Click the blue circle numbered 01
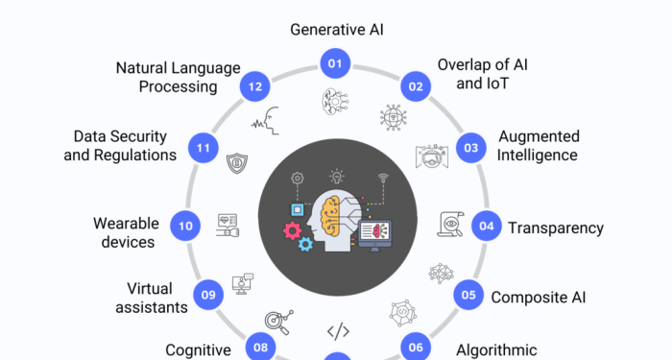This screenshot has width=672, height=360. point(336,65)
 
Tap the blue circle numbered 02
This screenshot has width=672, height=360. point(416,86)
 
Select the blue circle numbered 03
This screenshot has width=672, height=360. point(471,148)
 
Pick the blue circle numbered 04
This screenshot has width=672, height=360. point(487,227)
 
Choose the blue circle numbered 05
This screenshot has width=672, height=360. point(469,295)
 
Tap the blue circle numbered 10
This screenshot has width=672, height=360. point(185,227)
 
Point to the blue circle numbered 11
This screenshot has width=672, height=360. point(202,148)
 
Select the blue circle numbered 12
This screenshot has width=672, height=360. point(254,85)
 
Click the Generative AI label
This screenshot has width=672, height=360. point(336,30)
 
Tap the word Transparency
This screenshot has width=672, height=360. point(556,228)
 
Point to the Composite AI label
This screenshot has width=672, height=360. point(538,296)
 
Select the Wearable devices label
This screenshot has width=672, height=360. point(126,232)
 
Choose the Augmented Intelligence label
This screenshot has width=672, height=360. point(538,145)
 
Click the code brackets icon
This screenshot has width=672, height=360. point(337,332)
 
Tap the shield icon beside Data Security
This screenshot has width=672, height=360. point(235,163)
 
